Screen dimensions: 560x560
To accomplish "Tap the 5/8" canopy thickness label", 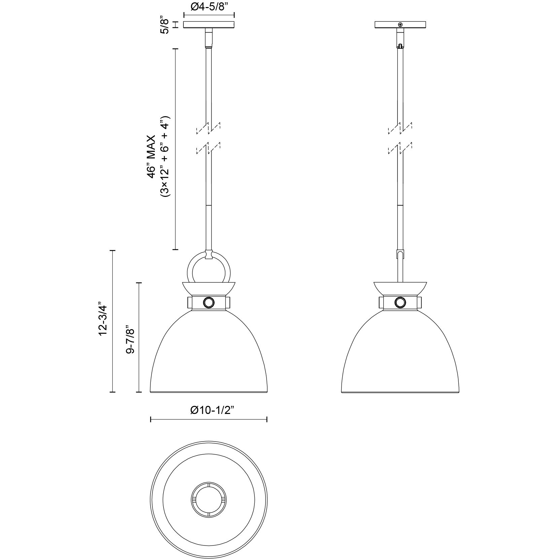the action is [165, 25].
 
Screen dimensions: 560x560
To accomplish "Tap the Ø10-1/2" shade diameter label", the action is [212, 410].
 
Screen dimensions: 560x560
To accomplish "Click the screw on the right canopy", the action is [400, 25].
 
